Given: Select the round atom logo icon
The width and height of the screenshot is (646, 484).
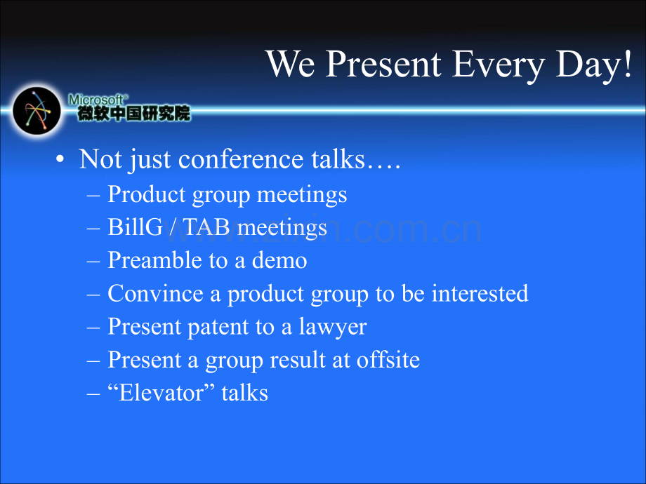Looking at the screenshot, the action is [37, 111].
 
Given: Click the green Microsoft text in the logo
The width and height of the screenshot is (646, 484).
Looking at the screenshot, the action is [96, 100].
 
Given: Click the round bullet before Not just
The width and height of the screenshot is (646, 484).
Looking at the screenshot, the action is [60, 159].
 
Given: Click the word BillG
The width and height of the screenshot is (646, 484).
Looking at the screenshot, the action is [136, 227].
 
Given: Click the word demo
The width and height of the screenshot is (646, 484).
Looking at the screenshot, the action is [279, 260].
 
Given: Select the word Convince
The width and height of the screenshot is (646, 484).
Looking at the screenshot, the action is [155, 293].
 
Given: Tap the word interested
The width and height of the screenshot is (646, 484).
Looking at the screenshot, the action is [480, 293].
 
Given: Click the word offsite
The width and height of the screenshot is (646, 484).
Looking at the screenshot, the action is [388, 360].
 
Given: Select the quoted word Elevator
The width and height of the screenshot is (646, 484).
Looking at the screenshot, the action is [161, 393].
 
